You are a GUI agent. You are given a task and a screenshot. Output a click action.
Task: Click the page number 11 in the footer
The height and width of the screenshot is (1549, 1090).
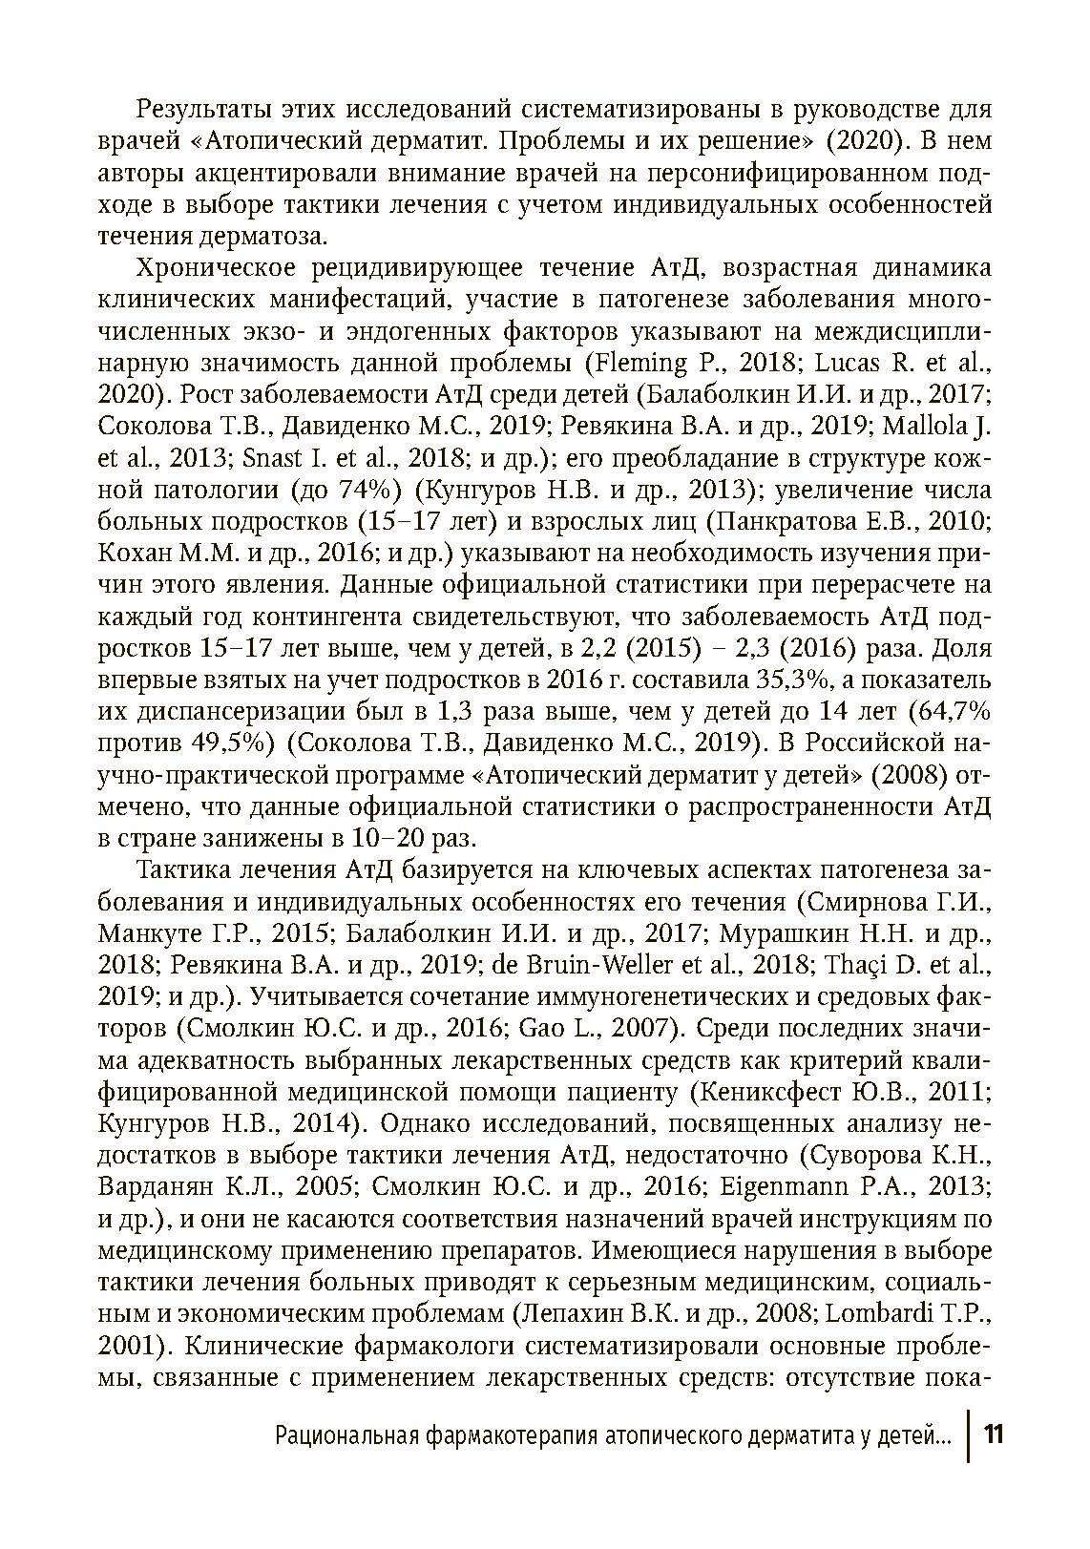[x=994, y=1434]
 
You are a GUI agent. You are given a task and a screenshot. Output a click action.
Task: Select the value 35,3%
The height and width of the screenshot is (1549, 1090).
[x=713, y=680]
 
